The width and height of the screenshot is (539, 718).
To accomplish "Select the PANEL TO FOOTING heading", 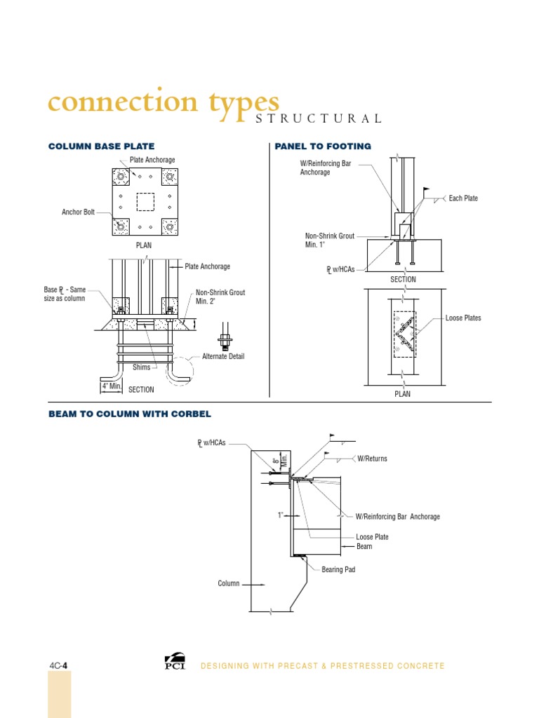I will pos(323,147).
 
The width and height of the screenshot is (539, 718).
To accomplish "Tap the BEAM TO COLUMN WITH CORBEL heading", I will pos(129,414).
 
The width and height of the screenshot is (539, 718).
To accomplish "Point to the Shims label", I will pos(142,366).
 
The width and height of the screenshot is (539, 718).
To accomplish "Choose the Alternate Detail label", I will pos(223,357).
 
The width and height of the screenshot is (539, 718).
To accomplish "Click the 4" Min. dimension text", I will pos(112,386).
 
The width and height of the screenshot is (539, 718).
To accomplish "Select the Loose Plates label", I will pos(463,318).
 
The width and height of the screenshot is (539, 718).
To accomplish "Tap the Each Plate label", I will pos(463,198).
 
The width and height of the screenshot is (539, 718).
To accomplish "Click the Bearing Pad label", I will pos(338,570).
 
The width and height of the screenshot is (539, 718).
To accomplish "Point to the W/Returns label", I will pos(372,459).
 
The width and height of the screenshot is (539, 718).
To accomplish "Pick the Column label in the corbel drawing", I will pos(229,583).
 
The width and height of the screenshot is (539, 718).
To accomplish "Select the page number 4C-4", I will pos(58,665).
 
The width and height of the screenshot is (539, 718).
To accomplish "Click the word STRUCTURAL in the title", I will pos(318,118).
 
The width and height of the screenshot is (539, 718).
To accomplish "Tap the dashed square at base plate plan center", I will pos(145,201).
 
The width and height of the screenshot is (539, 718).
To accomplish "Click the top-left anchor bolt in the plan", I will pos(121,176).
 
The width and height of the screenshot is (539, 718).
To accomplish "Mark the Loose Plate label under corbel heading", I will pos(372,537).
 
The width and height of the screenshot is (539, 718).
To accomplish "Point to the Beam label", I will pos(364,546).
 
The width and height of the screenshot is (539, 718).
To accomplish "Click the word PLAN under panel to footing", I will pos(403,394).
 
